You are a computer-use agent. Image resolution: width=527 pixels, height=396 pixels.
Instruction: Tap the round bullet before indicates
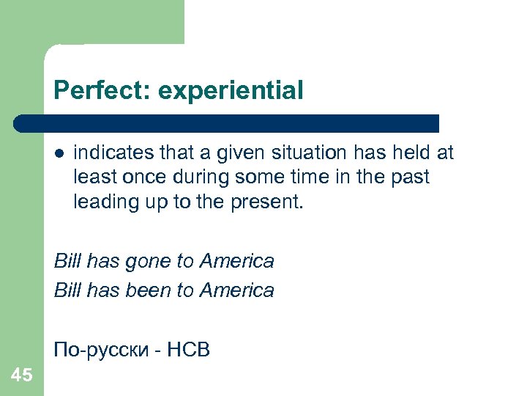[59, 153]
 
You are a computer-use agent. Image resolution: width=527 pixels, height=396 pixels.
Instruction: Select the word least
[92, 177]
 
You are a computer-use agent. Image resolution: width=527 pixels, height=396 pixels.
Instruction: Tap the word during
[195, 177]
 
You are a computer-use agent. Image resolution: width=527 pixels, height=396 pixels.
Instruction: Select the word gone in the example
[146, 261]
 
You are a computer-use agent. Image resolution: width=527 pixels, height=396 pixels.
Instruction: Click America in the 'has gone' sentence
[236, 261]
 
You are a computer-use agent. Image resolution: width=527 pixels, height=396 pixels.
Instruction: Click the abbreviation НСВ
[188, 351]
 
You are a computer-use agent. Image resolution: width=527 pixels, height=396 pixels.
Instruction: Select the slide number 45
[22, 375]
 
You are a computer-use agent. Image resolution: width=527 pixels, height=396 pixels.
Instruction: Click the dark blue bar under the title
[227, 123]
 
